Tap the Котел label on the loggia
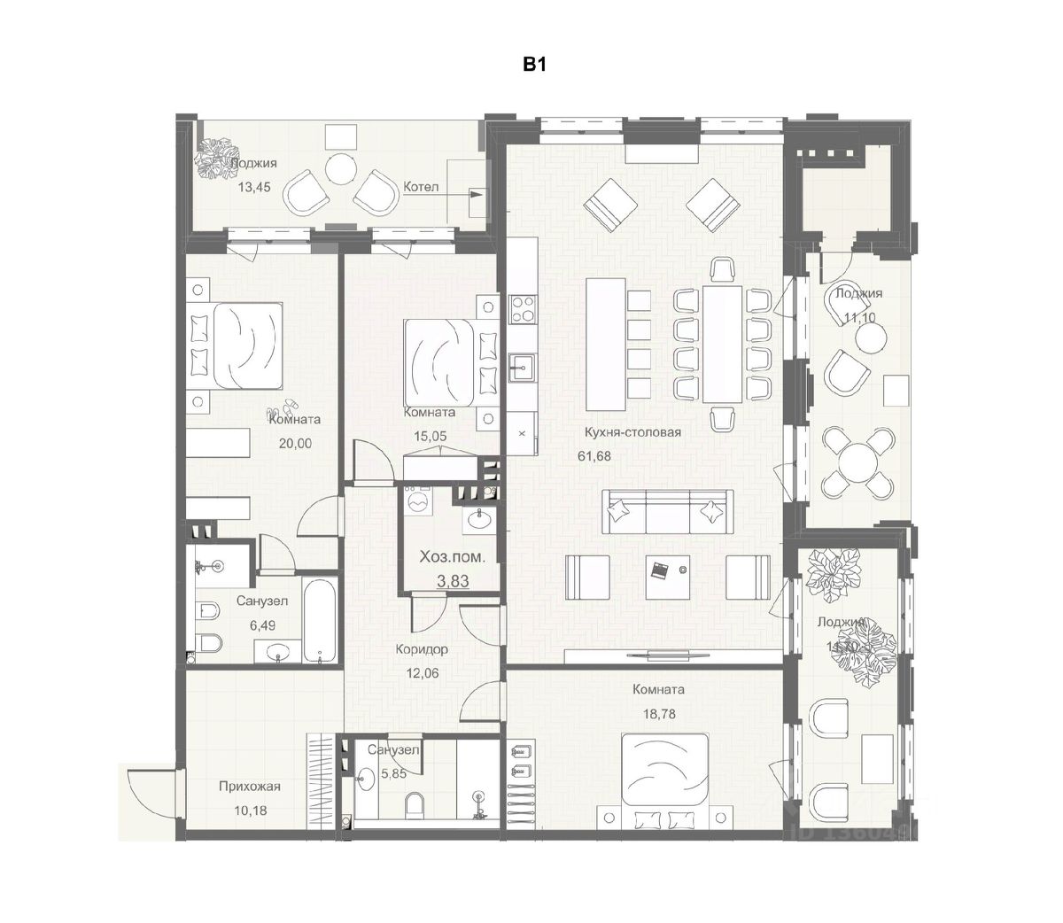(419, 187)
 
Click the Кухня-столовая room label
(632, 432)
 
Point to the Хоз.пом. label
(446, 558)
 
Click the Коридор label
(422, 649)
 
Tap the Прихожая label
(250, 787)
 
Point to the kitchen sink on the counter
(520, 367)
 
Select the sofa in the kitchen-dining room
(667, 510)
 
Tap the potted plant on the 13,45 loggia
(213, 158)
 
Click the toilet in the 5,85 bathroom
(415, 806)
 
